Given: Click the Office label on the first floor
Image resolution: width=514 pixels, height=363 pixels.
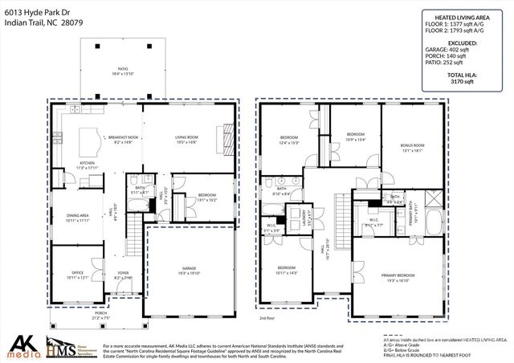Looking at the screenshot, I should [x=77, y=274].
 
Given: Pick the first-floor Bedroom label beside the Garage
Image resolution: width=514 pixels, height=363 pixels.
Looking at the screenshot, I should [x=207, y=196].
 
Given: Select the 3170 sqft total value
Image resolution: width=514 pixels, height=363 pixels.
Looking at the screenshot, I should [x=465, y=81].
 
